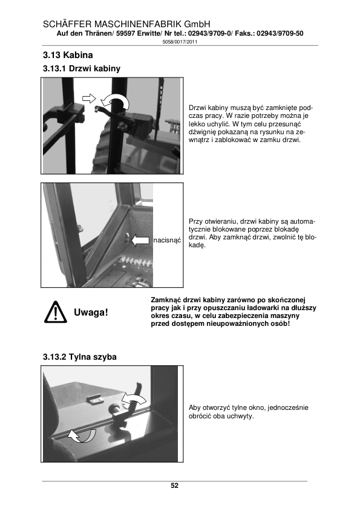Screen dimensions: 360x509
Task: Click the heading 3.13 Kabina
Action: pyautogui.click(x=68, y=55)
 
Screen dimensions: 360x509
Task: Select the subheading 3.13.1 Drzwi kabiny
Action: pyautogui.click(x=82, y=68)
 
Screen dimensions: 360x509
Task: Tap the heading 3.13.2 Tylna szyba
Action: pyautogui.click(x=80, y=357)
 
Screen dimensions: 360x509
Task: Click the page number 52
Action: pyautogui.click(x=174, y=485)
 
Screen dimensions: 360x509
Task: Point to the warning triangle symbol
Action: pyautogui.click(x=55, y=313)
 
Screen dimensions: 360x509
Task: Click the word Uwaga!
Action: pyautogui.click(x=91, y=313)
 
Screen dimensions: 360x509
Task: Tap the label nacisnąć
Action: pyautogui.click(x=167, y=241)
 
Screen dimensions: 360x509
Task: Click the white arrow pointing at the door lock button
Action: pyautogui.click(x=140, y=241)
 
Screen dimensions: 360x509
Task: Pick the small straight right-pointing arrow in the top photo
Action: pyautogui.click(x=89, y=98)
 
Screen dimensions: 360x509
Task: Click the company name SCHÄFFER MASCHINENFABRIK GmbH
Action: pyautogui.click(x=126, y=24)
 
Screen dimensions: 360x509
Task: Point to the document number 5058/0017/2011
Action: pyautogui.click(x=180, y=42)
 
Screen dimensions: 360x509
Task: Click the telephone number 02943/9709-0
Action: pyautogui.click(x=209, y=33)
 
